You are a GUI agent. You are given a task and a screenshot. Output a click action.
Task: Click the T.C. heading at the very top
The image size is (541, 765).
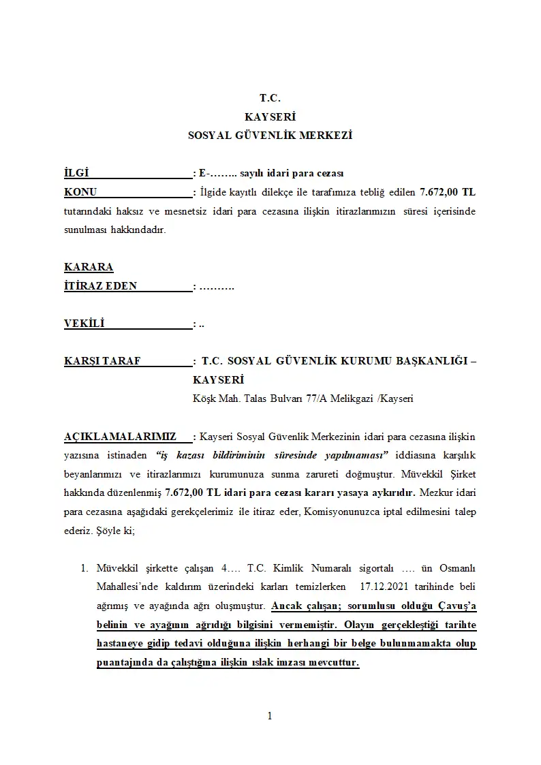point(270,98)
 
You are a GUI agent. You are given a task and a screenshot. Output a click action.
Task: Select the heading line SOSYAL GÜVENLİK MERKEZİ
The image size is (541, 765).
point(270,136)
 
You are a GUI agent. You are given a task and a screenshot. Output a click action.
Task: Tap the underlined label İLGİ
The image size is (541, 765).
point(76,174)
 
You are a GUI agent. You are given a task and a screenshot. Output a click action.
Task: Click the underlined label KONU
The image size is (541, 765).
point(80,192)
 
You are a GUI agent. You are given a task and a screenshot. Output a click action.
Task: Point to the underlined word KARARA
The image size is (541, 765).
point(89,267)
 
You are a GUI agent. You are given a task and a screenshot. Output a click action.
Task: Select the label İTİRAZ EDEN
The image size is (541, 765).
point(100,286)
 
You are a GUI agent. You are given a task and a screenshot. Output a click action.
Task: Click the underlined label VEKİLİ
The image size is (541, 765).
point(84,324)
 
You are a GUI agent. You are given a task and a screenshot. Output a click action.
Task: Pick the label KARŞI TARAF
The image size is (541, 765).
point(102,361)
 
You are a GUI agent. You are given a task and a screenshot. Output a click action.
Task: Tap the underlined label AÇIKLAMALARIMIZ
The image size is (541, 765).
point(120,436)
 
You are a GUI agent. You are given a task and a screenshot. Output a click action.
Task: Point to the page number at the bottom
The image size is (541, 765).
point(270,715)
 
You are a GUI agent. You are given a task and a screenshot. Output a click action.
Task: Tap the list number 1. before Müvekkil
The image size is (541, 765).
point(85,568)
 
